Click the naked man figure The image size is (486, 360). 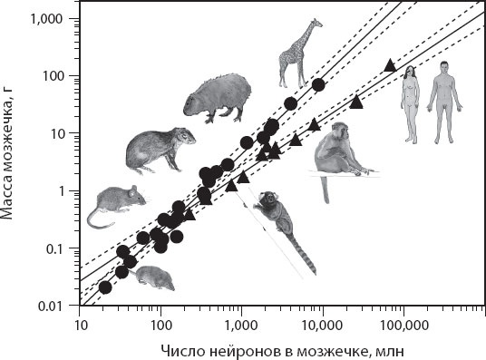[444, 102]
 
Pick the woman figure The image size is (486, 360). [410, 104]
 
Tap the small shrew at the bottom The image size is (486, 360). [152, 277]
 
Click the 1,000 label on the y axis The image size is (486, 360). [46, 19]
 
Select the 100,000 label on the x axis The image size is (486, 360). [403, 326]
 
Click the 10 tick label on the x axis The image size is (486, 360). [80, 326]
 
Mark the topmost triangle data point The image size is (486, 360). [390, 65]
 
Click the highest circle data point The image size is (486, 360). [318, 85]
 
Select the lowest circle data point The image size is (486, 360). [105, 287]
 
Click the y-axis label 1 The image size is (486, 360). [63, 191]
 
